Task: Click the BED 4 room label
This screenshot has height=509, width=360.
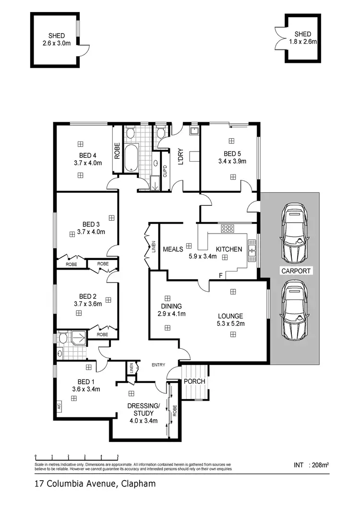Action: (88, 155)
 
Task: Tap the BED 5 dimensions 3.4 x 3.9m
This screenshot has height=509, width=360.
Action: (232, 161)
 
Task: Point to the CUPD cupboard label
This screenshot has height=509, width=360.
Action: (165, 171)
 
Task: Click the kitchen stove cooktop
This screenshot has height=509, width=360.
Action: (227, 228)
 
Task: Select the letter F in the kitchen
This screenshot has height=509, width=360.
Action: (220, 276)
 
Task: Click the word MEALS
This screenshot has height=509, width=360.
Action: (173, 249)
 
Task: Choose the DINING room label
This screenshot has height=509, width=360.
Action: (171, 307)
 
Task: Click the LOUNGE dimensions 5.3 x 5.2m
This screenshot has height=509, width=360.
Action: (231, 324)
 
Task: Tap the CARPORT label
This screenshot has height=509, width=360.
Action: (296, 271)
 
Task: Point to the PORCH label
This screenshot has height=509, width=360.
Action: (194, 381)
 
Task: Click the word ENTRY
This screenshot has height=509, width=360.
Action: (158, 365)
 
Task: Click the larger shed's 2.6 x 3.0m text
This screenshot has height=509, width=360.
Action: (56, 43)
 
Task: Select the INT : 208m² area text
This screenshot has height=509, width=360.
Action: (314, 465)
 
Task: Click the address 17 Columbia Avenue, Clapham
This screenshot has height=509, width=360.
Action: (95, 484)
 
